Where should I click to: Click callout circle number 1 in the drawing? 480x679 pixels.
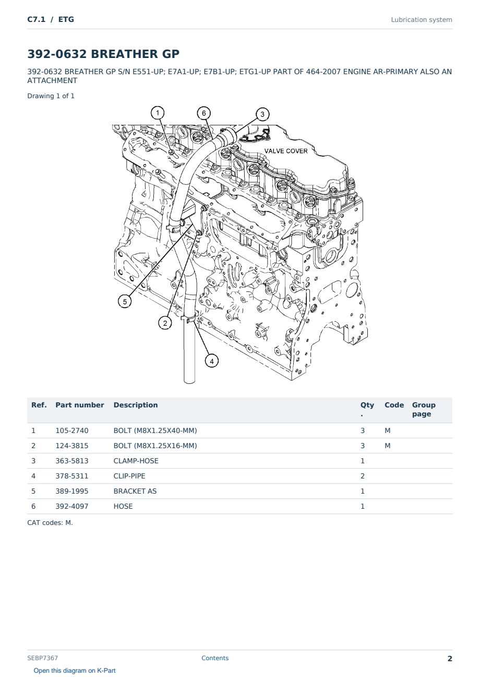[158, 113]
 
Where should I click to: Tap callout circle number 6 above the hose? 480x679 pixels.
[204, 113]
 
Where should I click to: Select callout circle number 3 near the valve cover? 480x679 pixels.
[262, 114]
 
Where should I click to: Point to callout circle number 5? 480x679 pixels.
[125, 301]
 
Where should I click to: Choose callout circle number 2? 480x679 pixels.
[165, 323]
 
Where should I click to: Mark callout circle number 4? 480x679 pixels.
[212, 361]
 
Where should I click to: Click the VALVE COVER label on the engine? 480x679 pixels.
[286, 151]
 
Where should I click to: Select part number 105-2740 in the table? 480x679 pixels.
[72, 430]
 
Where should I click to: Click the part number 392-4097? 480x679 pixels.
[72, 506]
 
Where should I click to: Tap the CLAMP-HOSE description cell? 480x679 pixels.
[136, 461]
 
